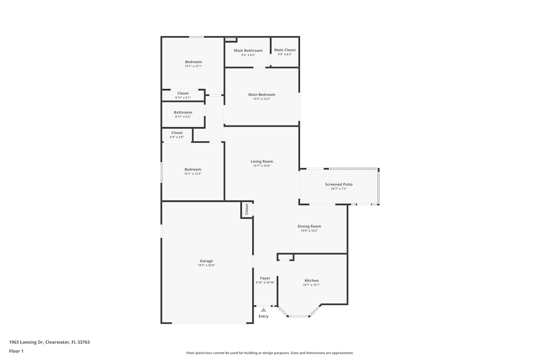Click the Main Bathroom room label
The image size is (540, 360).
(248, 50)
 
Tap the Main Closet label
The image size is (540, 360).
(285, 50)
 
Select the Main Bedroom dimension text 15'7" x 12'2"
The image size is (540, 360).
(262, 99)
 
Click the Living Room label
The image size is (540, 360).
(262, 161)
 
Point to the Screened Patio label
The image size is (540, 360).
(339, 184)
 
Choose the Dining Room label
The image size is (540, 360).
(309, 226)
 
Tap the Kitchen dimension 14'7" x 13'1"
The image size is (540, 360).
(311, 285)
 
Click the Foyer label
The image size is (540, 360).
(265, 278)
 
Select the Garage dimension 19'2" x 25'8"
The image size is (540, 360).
(206, 265)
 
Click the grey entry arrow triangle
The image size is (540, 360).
(264, 310)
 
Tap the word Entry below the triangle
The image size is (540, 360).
(263, 316)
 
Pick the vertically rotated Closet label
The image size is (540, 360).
(247, 209)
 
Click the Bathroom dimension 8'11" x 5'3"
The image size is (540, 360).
(183, 117)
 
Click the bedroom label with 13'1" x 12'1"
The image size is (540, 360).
(193, 62)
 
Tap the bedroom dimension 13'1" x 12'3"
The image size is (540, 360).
(193, 174)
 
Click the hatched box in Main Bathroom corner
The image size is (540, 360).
(230, 39)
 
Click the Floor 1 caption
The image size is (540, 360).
(16, 351)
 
